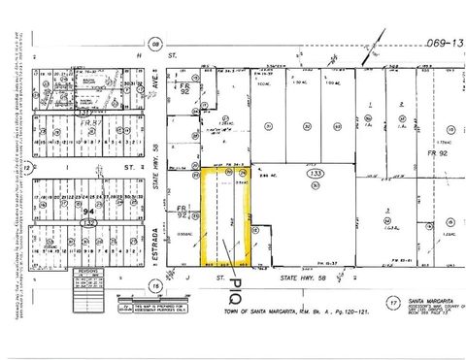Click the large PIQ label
click(234, 292)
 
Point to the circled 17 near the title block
click(392, 302)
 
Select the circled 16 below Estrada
click(154, 285)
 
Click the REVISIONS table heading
click(84, 274)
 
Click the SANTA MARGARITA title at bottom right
click(427, 300)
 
